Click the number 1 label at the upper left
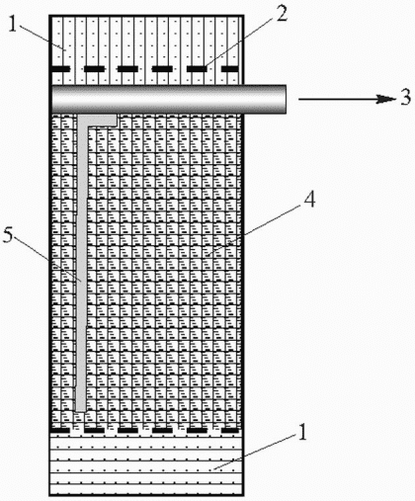click(13, 25)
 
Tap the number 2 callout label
click(282, 13)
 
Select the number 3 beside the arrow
click(406, 98)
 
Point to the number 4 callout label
click(309, 199)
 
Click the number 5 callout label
click(9, 235)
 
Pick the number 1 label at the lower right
click(302, 432)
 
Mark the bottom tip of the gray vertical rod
click(81, 410)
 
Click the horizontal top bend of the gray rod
click(98, 120)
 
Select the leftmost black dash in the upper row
click(60, 69)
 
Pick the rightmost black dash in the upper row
click(229, 69)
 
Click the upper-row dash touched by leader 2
click(197, 69)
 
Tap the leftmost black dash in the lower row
click(60, 430)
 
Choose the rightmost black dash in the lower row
click(229, 430)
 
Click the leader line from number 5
click(48, 259)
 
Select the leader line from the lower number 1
click(255, 452)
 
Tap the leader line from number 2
click(238, 43)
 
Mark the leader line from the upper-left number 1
click(41, 37)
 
